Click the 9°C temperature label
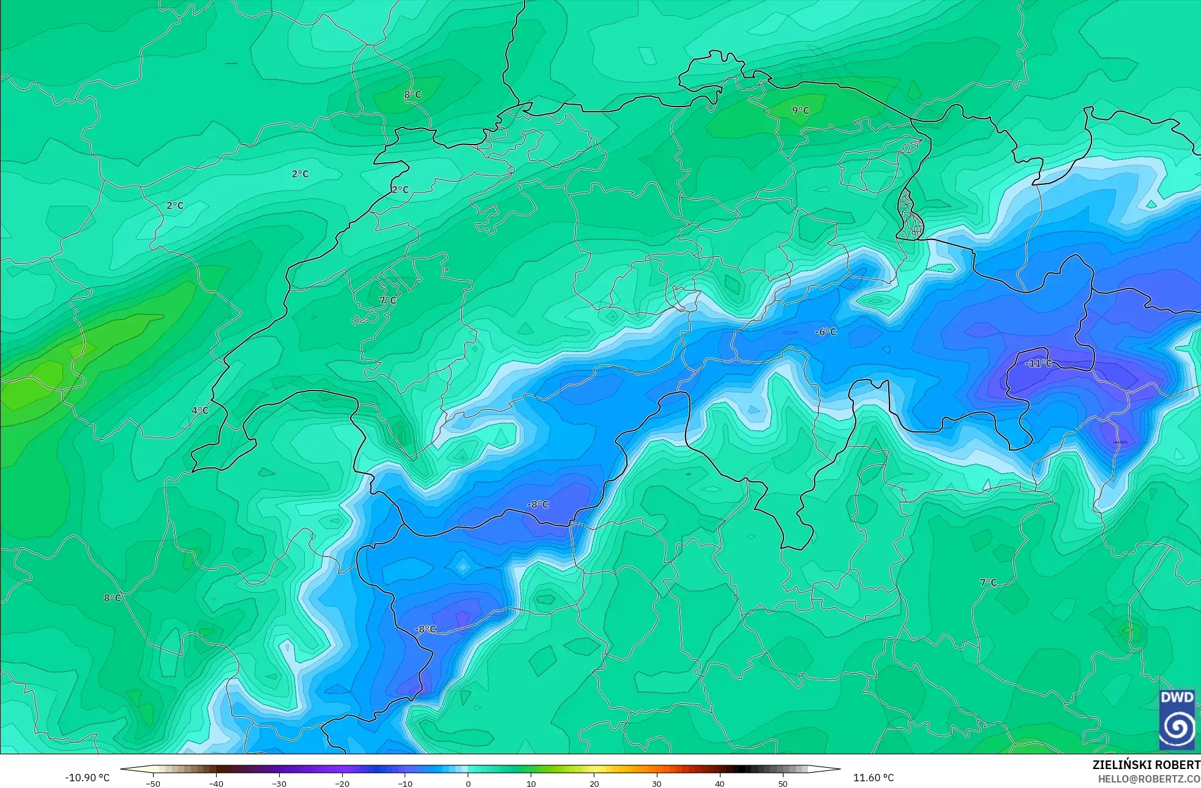[x=800, y=110]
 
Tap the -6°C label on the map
[x=826, y=332]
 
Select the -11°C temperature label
[x=1038, y=363]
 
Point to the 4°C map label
[x=200, y=410]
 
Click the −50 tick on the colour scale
[x=153, y=783]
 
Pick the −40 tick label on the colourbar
[x=216, y=783]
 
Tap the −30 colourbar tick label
[x=279, y=783]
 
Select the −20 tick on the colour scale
[x=342, y=783]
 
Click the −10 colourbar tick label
[x=405, y=783]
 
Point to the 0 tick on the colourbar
[x=468, y=783]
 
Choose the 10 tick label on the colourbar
[x=531, y=783]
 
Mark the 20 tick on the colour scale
[x=594, y=783]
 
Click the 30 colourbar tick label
[x=657, y=783]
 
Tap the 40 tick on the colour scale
[x=720, y=783]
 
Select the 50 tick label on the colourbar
[x=783, y=783]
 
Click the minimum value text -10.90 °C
[x=88, y=778]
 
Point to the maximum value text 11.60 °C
[x=874, y=778]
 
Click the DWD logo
[x=1177, y=719]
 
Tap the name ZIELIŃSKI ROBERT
[x=1146, y=765]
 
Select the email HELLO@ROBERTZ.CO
[x=1149, y=779]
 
